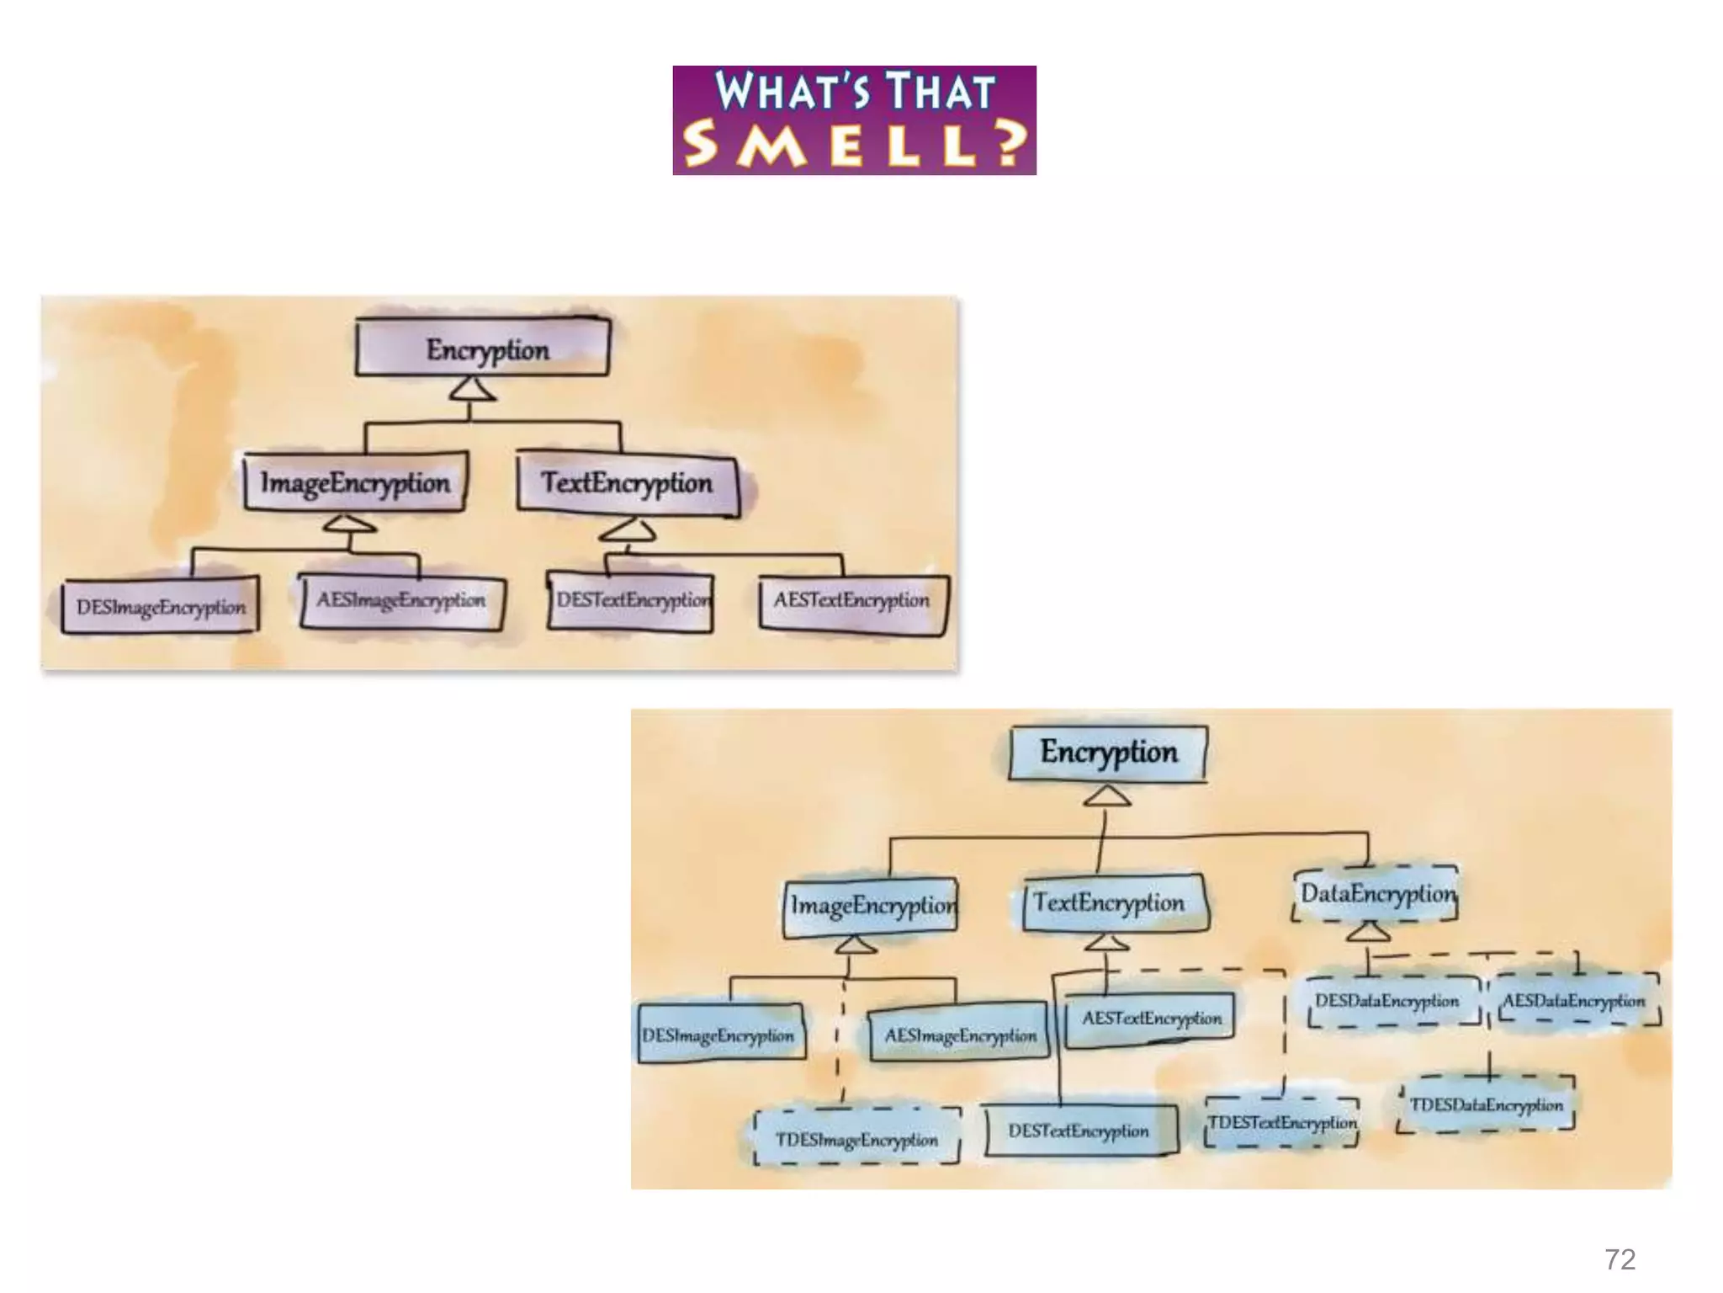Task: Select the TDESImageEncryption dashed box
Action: (856, 1138)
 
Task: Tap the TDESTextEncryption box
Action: (1282, 1122)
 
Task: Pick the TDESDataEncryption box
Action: (1487, 1104)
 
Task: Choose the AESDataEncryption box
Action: (1573, 1001)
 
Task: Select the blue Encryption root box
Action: (1108, 752)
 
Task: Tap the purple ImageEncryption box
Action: (355, 483)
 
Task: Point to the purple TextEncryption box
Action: (628, 483)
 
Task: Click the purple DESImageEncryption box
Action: (161, 606)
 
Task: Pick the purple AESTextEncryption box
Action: (851, 601)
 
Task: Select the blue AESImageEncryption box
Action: (960, 1035)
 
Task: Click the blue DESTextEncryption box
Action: (1079, 1131)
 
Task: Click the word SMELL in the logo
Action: (833, 145)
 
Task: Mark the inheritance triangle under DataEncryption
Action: (1368, 932)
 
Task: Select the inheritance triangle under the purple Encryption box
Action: (471, 389)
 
